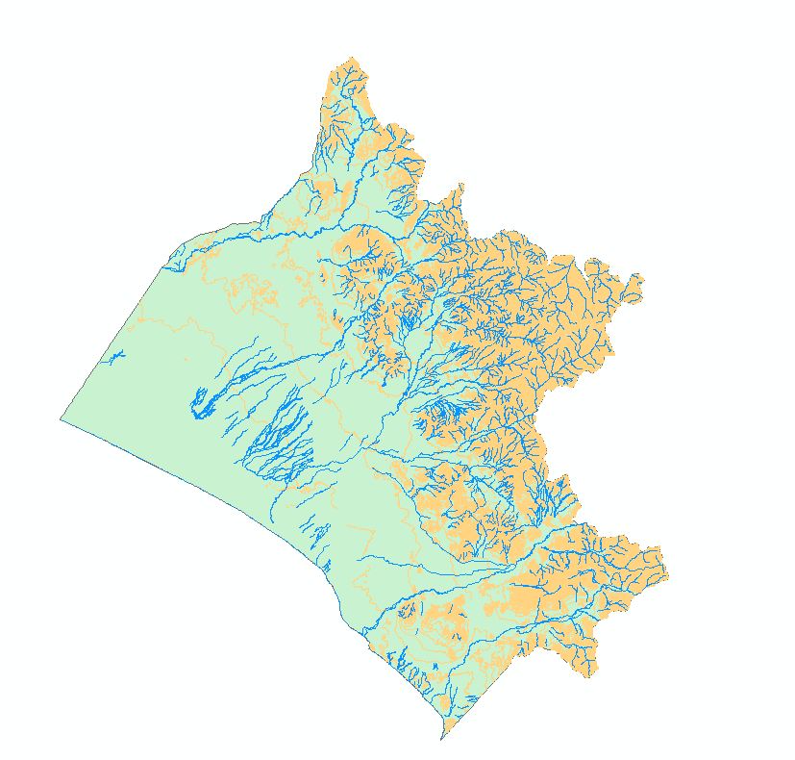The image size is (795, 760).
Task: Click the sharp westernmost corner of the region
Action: [x=61, y=418]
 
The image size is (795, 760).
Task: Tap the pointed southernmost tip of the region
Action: [x=441, y=739]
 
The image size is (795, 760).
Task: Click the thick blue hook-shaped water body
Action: [x=200, y=403]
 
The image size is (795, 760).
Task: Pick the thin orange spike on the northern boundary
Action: [x=461, y=186]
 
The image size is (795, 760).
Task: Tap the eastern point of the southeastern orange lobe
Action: [x=666, y=577]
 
